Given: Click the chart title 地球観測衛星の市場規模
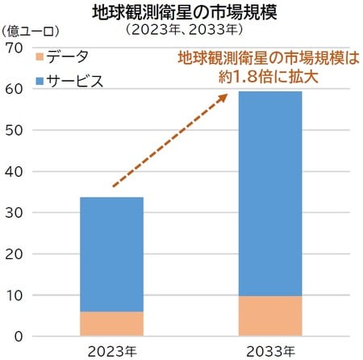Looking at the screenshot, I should coord(182,11).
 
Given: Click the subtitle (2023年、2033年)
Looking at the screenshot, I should coord(182,31).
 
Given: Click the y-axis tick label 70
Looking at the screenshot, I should coord(14,48).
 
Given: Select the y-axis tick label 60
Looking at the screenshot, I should coord(14,89).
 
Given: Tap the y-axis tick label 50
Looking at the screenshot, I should coord(14,130).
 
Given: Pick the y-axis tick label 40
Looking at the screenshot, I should coord(14,171).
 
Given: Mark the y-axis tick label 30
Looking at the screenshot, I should coord(14,212).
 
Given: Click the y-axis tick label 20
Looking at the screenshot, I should coord(14,253).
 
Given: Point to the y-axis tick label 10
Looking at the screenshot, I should coord(14,295).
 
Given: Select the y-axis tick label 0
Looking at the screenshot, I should coord(17,336).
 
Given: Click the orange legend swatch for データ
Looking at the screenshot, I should coord(40,57).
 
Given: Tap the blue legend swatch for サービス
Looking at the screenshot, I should coord(40,81).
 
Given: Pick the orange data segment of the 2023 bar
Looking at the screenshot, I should coord(111,324).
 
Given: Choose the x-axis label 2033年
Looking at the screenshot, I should coord(270,351).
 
